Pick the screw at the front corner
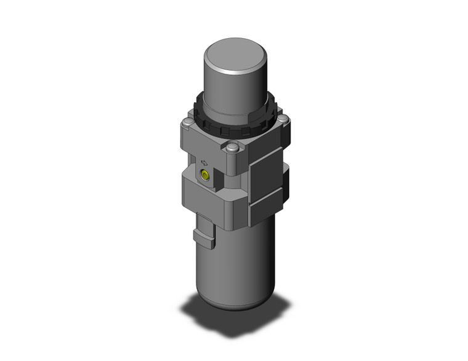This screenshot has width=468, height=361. [x=232, y=148]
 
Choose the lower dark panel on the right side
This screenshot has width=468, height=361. [x=268, y=203]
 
